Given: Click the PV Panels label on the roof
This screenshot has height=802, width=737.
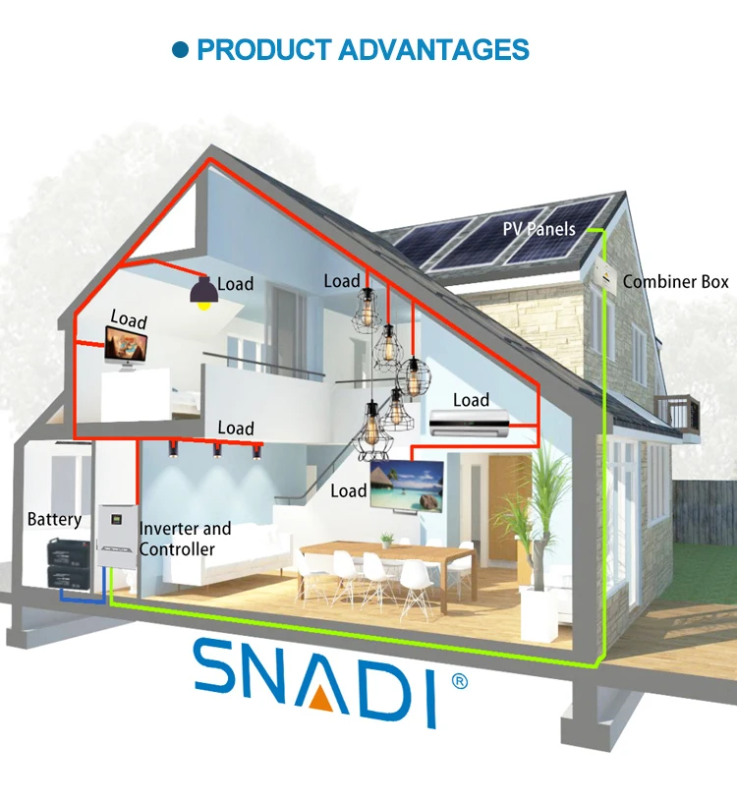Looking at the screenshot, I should click(539, 229).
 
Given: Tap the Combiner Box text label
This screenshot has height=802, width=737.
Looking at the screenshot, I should click(675, 282).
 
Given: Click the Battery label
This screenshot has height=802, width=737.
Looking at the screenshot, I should click(54, 519).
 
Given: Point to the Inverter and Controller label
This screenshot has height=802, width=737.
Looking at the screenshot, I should click(184, 539).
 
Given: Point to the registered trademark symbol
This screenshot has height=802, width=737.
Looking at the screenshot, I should click(458, 681).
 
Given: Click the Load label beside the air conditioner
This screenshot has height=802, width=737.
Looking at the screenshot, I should click(471, 400).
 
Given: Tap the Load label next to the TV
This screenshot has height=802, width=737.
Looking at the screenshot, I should click(349, 490).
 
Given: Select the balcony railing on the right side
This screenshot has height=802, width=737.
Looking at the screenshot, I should click(677, 409).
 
